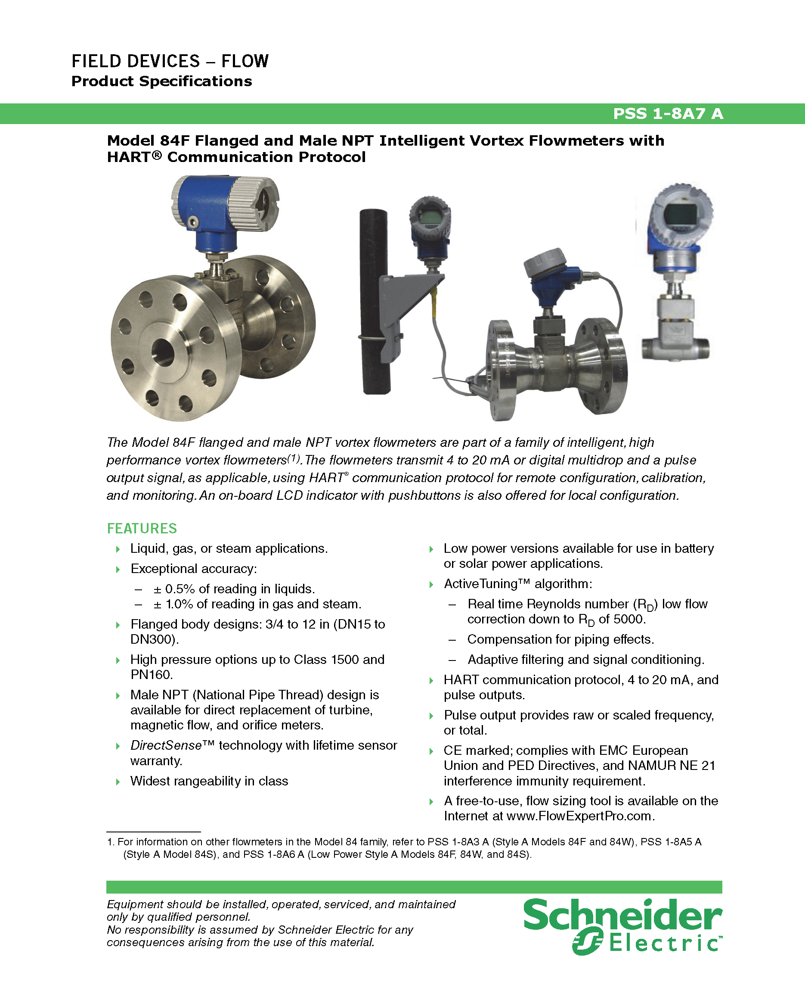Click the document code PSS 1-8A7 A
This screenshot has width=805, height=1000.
pyautogui.click(x=668, y=114)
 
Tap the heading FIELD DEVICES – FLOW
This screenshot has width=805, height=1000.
pyautogui.click(x=170, y=61)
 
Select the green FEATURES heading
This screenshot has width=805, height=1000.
pyautogui.click(x=142, y=528)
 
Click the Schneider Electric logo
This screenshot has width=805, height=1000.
pyautogui.click(x=623, y=926)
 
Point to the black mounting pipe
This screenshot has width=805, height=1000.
pyautogui.click(x=375, y=302)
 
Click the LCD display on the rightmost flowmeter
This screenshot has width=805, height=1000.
pyautogui.click(x=680, y=215)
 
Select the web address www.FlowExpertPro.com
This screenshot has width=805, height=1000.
pyautogui.click(x=581, y=816)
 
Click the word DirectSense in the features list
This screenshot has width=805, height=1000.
pyautogui.click(x=166, y=745)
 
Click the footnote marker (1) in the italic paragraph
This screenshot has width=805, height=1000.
pyautogui.click(x=294, y=458)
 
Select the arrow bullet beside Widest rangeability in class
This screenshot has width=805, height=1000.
pyautogui.click(x=118, y=782)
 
